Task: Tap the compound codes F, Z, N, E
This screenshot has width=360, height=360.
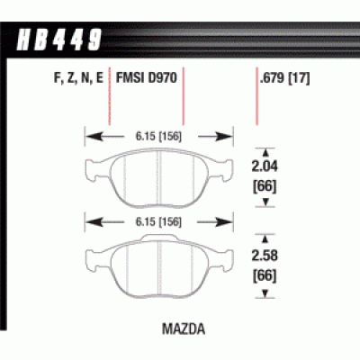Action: tap(73, 78)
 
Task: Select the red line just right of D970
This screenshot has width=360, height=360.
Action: tap(184, 103)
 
